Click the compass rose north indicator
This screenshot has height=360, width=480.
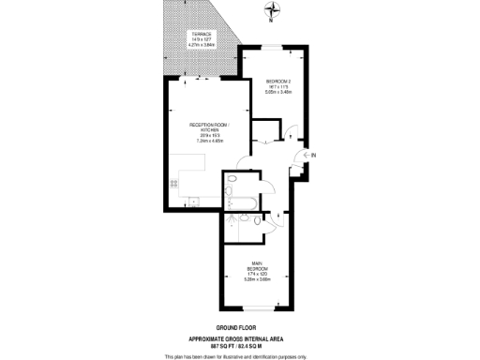[272, 11]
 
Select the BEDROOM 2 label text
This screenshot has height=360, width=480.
[278, 80]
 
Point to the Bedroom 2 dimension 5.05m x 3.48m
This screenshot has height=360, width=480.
[278, 91]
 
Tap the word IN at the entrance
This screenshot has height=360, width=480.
[313, 155]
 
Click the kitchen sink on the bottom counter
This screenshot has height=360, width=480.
[192, 199]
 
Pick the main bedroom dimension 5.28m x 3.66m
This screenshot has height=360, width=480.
[255, 278]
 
